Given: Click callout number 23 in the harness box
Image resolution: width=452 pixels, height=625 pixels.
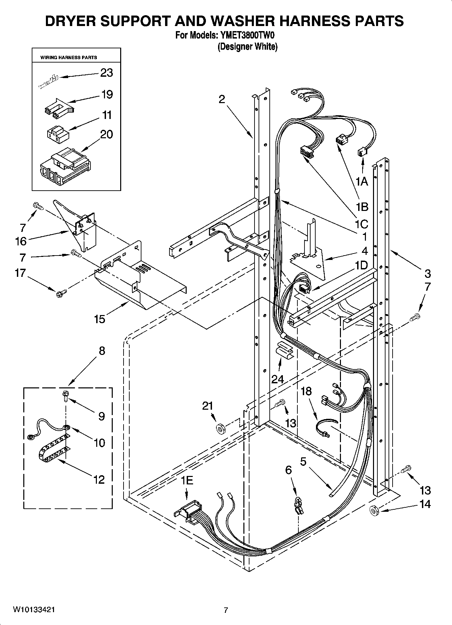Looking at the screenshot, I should click(106, 73).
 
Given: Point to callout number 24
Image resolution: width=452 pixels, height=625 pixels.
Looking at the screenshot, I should click(278, 379).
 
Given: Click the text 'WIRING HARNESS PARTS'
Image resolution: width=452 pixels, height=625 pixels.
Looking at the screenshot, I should click(69, 57).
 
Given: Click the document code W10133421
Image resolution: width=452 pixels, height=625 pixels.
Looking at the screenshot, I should click(34, 610).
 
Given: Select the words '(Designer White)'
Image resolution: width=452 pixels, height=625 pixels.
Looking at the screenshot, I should click(247, 46).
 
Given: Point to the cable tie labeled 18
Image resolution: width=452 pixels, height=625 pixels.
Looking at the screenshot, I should click(324, 429).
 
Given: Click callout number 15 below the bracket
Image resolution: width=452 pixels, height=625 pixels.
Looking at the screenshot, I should click(100, 319).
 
